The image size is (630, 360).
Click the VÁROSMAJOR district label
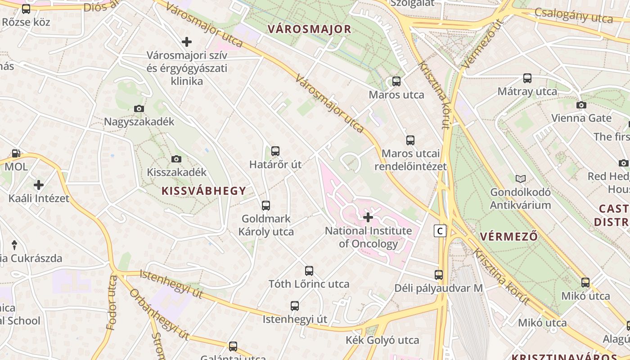pyautogui.click(x=309, y=29)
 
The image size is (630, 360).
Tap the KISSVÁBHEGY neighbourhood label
pyautogui.click(x=204, y=191)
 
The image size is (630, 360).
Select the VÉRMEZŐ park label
pyautogui.click(x=509, y=237)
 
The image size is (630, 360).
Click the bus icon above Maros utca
pyautogui.click(x=396, y=81)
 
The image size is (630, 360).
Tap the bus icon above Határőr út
pyautogui.click(x=275, y=151)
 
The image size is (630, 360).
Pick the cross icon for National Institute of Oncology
pyautogui.click(x=368, y=218)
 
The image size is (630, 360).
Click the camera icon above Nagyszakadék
pyautogui.click(x=139, y=108)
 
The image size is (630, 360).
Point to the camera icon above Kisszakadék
pyautogui.click(x=176, y=159)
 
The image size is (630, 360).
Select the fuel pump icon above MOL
pyautogui.click(x=16, y=153)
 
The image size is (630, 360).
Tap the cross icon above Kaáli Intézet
pyautogui.click(x=39, y=185)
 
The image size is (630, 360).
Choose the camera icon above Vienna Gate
pyautogui.click(x=581, y=105)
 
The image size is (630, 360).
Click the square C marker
pyautogui.click(x=440, y=231)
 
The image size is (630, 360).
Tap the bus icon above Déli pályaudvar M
pyautogui.click(x=439, y=274)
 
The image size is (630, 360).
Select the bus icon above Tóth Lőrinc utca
pyautogui.click(x=309, y=271)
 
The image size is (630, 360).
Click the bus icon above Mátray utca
pyautogui.click(x=527, y=78)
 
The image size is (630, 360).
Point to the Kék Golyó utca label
pyautogui.click(x=382, y=340)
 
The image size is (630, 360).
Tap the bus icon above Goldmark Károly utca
pyautogui.click(x=266, y=206)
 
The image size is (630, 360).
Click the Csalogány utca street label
pyautogui.click(x=574, y=16)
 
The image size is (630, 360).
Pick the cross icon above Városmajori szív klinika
pyautogui.click(x=187, y=42)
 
